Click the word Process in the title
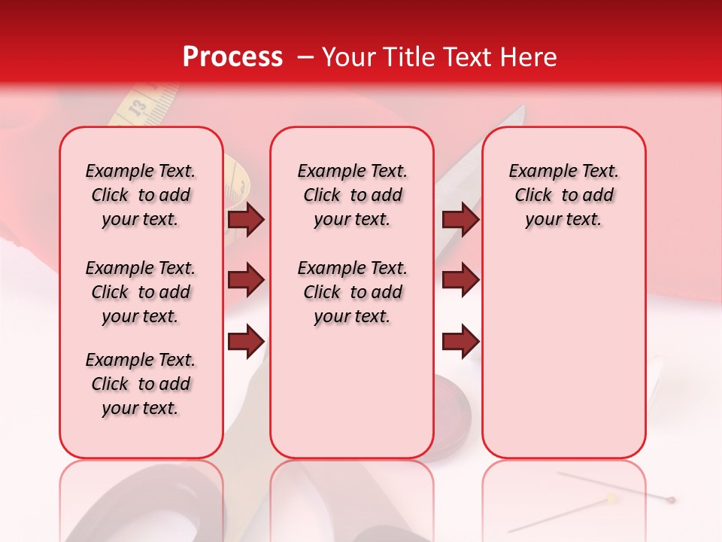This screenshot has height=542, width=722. tap(232, 56)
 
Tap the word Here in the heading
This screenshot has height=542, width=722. tap(529, 56)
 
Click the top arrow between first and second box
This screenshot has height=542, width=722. tap(246, 220)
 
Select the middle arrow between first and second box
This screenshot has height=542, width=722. tap(246, 280)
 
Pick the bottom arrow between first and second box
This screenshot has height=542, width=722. tap(246, 341)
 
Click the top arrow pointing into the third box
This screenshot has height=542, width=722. tap(460, 220)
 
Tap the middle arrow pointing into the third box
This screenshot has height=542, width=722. tap(460, 280)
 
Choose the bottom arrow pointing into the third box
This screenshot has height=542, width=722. tap(460, 341)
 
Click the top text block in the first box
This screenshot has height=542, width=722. tap(141, 195)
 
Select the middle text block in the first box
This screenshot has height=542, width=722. tap(141, 292)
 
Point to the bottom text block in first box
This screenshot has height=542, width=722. tap(141, 384)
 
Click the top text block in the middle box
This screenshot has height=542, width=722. tap(352, 195)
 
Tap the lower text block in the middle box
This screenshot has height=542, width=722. tap(352, 292)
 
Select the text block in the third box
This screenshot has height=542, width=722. tap(563, 195)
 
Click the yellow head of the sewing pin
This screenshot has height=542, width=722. tap(613, 498)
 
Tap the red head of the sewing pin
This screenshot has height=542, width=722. tap(671, 499)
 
